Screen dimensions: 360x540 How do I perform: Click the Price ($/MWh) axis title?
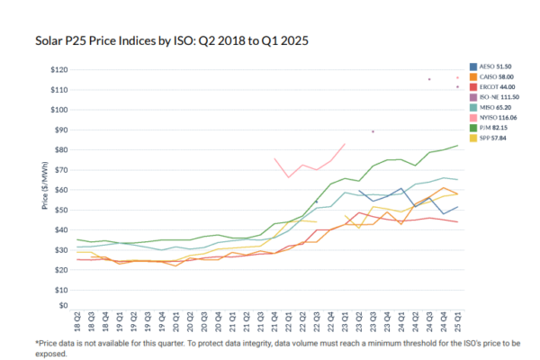[44, 189]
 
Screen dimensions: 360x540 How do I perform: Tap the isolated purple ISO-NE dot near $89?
[373, 131]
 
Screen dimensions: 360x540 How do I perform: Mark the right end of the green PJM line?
[457, 146]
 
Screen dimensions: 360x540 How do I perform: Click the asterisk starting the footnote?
[38, 344]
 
